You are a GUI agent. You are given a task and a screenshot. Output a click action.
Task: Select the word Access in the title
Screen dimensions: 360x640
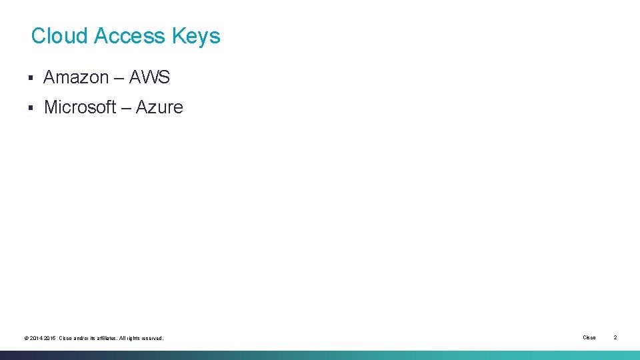(x=130, y=36)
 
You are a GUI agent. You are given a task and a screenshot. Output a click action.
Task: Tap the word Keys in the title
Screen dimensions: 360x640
(x=196, y=36)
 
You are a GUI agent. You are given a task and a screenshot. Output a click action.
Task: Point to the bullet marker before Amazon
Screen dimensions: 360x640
(x=31, y=78)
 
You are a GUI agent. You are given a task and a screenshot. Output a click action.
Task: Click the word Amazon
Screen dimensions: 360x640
(x=76, y=78)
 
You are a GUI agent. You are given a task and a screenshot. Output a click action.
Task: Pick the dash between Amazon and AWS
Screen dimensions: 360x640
(x=119, y=78)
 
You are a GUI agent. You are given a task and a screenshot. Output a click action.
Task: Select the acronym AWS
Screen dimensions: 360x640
(x=149, y=78)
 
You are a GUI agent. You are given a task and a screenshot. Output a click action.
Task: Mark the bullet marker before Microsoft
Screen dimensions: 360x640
(x=31, y=108)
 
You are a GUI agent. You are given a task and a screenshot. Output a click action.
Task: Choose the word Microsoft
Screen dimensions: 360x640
(x=80, y=107)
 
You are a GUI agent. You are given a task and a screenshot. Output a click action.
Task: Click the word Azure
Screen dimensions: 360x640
(x=159, y=107)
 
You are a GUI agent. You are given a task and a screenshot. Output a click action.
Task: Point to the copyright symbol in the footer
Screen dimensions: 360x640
(x=26, y=339)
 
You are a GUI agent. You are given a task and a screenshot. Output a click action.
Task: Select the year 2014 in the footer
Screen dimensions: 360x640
(x=36, y=339)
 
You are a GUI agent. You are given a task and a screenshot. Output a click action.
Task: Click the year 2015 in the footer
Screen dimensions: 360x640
(x=49, y=339)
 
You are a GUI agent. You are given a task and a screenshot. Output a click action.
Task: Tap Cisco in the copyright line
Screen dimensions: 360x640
(x=66, y=339)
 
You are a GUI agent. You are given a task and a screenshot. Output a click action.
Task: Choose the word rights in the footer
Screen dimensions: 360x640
(x=134, y=339)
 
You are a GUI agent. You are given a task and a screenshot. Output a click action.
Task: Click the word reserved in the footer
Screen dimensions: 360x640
(x=153, y=339)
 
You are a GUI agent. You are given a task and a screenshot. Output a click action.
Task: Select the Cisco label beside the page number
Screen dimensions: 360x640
(x=589, y=338)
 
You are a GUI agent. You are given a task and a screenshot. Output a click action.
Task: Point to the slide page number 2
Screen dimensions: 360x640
(x=615, y=338)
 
